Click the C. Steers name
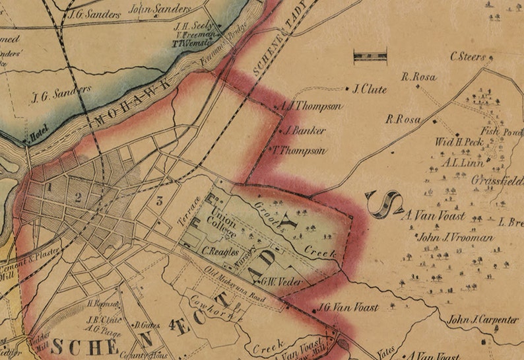468,57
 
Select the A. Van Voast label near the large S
433,215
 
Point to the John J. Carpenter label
483,320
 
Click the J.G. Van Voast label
348,307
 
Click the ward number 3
159,201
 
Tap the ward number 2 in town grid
78,196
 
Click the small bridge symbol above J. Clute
370,57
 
